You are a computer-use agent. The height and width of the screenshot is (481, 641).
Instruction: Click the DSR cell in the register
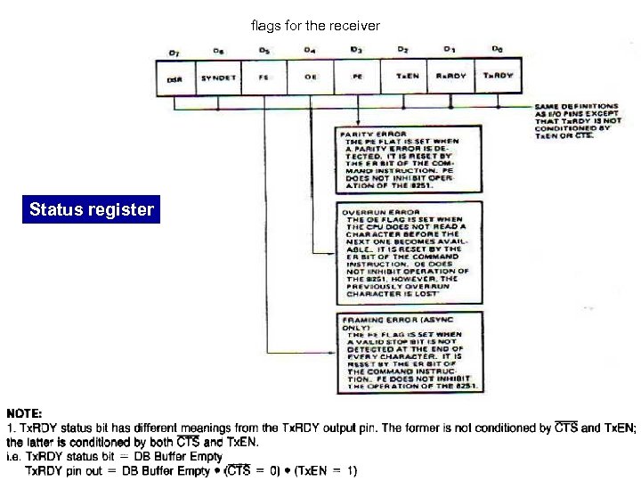click(x=175, y=77)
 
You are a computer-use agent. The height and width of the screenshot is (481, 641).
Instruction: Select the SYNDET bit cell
click(x=218, y=77)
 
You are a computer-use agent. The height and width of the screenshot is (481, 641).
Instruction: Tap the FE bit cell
click(x=264, y=77)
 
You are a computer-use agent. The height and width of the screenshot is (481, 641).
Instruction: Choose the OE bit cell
click(x=311, y=77)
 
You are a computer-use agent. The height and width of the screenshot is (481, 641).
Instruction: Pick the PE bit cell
click(x=358, y=77)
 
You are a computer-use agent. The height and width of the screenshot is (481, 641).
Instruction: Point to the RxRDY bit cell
click(x=451, y=77)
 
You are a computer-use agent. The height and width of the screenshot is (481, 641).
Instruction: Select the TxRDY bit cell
click(x=498, y=77)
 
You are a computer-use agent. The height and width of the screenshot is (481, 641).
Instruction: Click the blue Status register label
click(x=92, y=211)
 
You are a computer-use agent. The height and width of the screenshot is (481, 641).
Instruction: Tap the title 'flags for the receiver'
click(x=315, y=26)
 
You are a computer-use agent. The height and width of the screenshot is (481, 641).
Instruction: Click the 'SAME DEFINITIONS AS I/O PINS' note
click(x=574, y=120)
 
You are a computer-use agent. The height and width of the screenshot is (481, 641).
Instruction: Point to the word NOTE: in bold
click(x=25, y=414)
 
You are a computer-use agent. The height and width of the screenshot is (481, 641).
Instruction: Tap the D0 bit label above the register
click(x=497, y=50)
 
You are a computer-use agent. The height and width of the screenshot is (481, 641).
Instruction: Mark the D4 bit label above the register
click(x=310, y=51)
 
